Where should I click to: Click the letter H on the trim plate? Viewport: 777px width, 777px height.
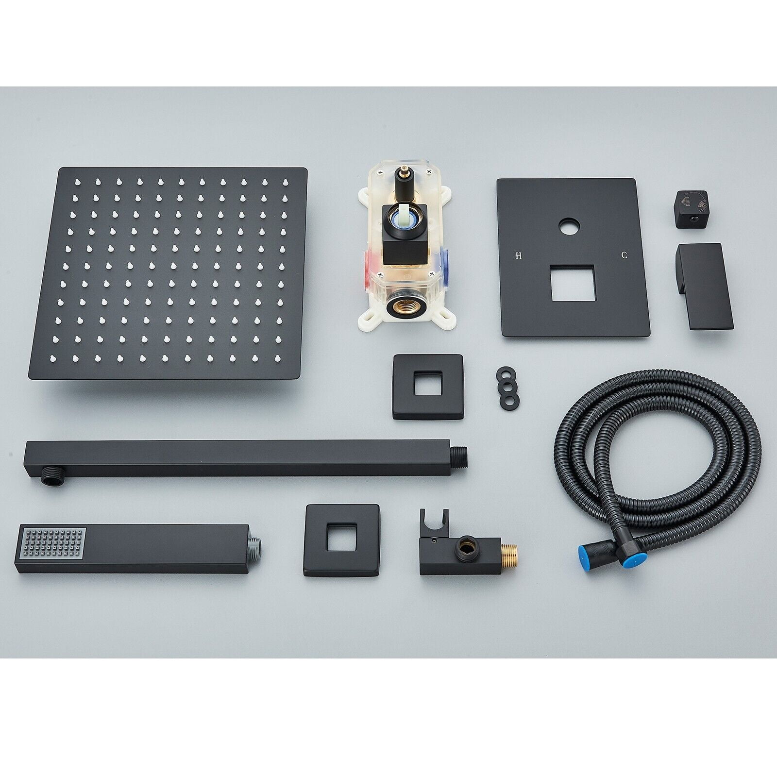519,255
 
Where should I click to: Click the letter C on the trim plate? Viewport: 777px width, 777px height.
625,255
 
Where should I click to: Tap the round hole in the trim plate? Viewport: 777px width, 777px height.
569,228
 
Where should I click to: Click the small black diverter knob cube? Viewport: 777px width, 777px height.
691,209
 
